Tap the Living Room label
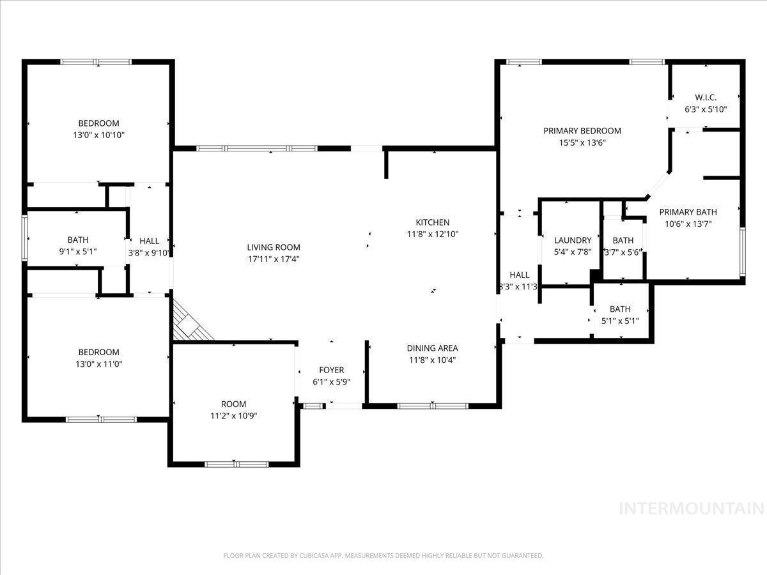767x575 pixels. click(274, 247)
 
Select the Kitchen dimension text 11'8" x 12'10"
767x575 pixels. click(433, 234)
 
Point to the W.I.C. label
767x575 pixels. click(706, 97)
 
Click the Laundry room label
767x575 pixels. click(573, 240)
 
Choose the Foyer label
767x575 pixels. click(331, 370)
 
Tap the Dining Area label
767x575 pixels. click(433, 348)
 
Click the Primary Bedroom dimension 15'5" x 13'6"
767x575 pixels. click(582, 142)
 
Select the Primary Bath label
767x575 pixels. click(688, 212)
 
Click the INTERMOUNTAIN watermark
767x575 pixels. click(692, 509)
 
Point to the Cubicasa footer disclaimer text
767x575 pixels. click(383, 555)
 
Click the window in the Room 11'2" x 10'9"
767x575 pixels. click(236, 464)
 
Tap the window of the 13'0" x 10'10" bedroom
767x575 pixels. click(96, 62)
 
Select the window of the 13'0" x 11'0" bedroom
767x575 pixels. click(101, 419)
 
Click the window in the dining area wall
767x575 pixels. click(433, 406)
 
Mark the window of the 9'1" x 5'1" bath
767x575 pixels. click(24, 238)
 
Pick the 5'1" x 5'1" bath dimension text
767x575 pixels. click(620, 321)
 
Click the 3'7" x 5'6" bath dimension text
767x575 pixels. click(623, 252)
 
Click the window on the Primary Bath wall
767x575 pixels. click(743, 251)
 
